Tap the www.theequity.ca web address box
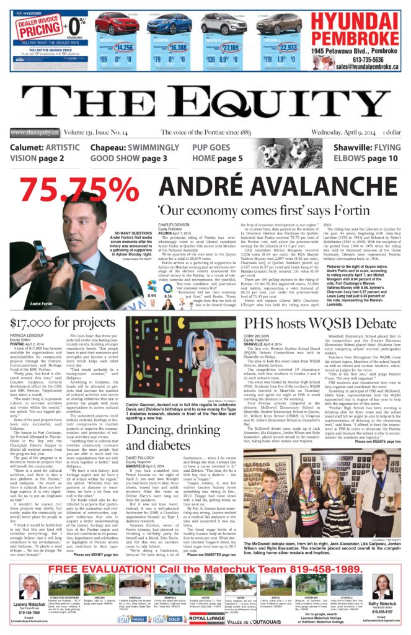point(34,132)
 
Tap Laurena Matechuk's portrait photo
point(29,587)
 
